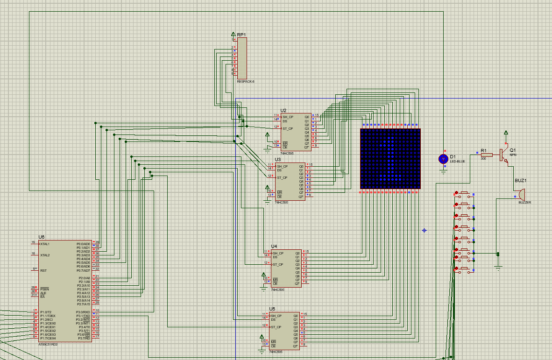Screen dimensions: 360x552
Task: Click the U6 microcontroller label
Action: point(42,237)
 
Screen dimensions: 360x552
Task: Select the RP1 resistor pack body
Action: point(242,58)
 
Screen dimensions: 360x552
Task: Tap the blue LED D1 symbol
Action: point(443,159)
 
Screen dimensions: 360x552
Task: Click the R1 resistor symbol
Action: point(487,155)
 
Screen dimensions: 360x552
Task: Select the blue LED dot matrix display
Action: point(390,159)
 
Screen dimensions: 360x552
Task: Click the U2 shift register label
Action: point(283,111)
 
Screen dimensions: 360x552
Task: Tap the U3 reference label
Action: point(277,160)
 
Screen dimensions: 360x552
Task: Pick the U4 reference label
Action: point(274,246)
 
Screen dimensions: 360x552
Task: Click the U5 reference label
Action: point(272,309)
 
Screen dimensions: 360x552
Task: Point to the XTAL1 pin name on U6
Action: point(45,244)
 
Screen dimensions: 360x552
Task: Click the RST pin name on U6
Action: point(43,270)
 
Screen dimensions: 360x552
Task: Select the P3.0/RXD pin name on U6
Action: point(83,312)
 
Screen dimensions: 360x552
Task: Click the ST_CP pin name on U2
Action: point(288,129)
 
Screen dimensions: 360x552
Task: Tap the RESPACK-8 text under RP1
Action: point(245,82)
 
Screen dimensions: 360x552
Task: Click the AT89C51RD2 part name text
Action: point(48,344)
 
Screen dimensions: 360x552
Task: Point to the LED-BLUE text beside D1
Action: point(457,162)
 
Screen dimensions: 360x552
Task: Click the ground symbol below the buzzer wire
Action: point(498,267)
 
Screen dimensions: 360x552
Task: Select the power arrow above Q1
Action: point(505,133)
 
